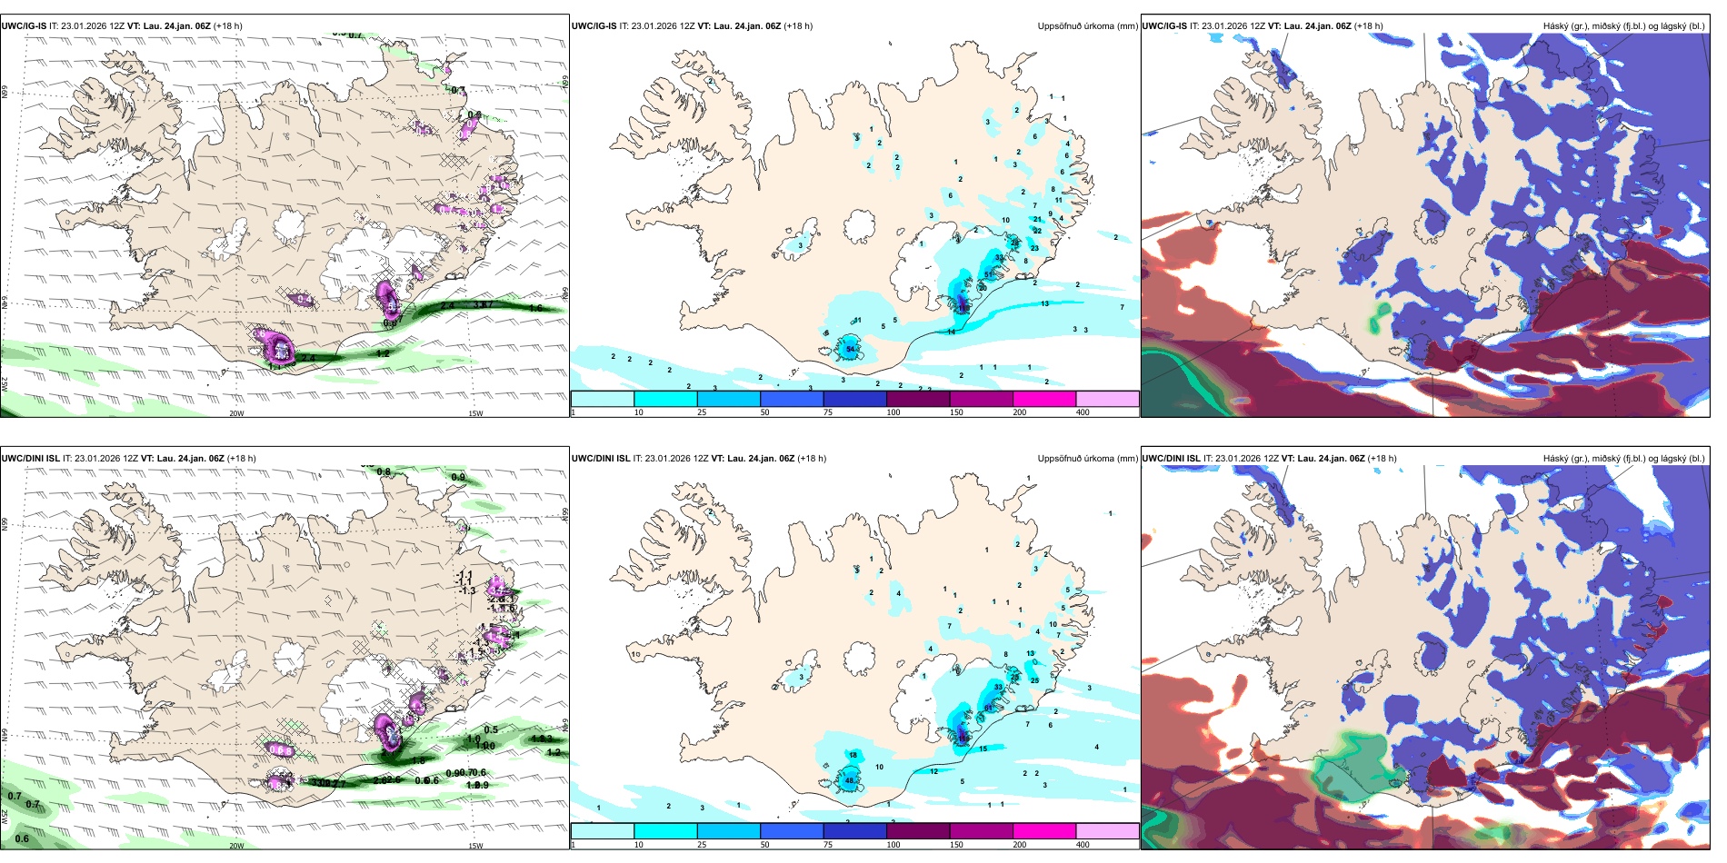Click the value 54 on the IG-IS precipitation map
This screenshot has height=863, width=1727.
point(851,349)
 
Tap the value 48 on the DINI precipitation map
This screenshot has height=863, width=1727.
point(850,780)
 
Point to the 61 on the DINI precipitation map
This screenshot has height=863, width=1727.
point(989,708)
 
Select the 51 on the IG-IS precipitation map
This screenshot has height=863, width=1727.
point(989,274)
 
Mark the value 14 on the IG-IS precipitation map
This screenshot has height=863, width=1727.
point(952,332)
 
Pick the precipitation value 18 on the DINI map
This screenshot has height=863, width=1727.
point(853,755)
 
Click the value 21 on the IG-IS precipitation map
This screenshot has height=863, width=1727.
point(1037,219)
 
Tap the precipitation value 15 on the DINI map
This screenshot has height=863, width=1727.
point(983,749)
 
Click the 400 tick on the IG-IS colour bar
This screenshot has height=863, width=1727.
point(1083,412)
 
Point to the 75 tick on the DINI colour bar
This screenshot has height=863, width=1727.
point(828,845)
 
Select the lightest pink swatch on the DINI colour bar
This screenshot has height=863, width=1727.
point(1107,830)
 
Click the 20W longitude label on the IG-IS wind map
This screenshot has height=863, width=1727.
point(236,413)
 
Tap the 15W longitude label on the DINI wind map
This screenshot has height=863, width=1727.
point(475,846)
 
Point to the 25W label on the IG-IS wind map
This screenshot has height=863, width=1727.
point(5,383)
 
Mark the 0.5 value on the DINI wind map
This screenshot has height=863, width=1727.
point(491,729)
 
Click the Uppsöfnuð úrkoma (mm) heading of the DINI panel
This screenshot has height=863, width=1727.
point(1087,459)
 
